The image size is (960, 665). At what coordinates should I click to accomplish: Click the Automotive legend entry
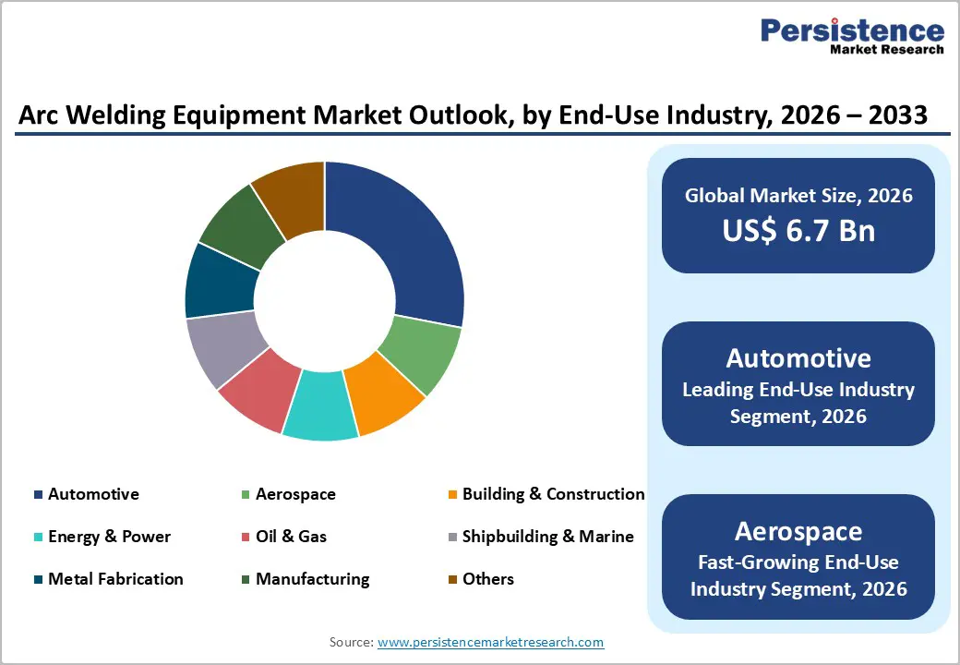(93, 494)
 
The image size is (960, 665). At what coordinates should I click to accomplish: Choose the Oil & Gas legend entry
(291, 537)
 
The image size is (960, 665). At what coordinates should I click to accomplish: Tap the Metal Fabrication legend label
(115, 579)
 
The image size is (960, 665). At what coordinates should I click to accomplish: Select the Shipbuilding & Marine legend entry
(547, 537)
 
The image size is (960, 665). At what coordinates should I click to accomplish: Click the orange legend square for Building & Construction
(452, 495)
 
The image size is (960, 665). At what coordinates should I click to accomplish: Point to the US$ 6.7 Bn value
(798, 229)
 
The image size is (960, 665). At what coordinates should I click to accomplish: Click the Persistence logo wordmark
(851, 31)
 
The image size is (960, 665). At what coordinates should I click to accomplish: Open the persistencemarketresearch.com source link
(490, 642)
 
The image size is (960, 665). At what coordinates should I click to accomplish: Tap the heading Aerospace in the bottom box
(798, 531)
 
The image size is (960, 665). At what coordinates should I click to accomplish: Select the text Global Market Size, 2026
(798, 195)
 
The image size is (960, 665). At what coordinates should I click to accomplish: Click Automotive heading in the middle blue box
(798, 358)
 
